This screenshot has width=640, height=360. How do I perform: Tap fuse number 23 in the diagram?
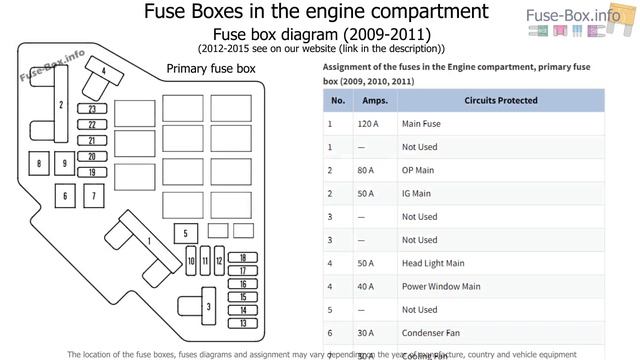[x=91, y=108]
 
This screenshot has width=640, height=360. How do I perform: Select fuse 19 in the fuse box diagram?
[x=91, y=172]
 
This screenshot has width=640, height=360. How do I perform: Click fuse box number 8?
[x=38, y=164]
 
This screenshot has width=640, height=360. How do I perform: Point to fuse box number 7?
[x=93, y=195]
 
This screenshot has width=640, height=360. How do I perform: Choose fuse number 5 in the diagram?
[x=185, y=234]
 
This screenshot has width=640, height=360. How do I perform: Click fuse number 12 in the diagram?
[x=218, y=263]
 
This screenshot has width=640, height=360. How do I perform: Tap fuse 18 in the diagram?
[x=242, y=258]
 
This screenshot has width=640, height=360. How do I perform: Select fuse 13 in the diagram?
[x=242, y=323]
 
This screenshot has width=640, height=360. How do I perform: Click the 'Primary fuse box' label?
[x=210, y=69]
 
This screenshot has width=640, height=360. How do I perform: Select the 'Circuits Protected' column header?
[x=501, y=100]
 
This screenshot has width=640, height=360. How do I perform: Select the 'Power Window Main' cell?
[x=441, y=286]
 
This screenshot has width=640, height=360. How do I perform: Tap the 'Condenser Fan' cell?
[x=431, y=332]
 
